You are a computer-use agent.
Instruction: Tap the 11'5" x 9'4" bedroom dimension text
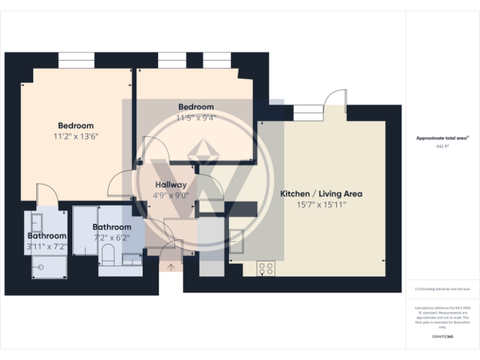coord(196,117)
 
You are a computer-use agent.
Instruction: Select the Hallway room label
coord(171,185)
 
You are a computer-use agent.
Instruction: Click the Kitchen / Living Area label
coord(321,194)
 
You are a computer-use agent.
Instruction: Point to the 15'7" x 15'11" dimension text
coord(321,204)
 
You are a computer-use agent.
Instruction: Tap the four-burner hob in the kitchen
coord(266,268)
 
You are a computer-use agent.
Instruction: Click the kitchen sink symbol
coord(237,241)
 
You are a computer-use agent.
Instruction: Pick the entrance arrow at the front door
coord(171,268)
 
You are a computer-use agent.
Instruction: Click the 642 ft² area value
coord(442,146)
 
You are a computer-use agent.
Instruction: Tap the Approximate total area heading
coord(442,138)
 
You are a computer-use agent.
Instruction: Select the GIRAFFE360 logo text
coord(442,337)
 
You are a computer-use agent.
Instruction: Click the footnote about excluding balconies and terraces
coord(442,289)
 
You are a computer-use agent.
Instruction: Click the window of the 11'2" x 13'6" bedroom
coord(76,61)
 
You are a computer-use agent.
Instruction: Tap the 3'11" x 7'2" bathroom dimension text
coord(46,246)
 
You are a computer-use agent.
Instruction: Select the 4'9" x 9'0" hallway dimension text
coord(171,195)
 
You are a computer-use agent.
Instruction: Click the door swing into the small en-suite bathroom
coord(46,194)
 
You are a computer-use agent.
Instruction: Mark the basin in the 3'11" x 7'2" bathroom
coord(36,222)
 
